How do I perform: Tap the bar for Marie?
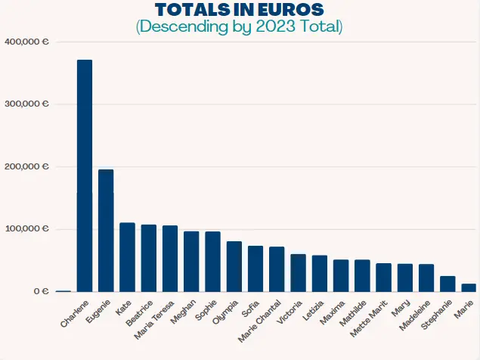[x=469, y=287]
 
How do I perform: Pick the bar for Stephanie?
[x=447, y=284]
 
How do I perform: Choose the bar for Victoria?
[x=299, y=273]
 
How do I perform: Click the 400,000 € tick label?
[x=26, y=42]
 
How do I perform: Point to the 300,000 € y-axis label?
[x=26, y=104]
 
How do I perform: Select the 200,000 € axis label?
[x=26, y=166]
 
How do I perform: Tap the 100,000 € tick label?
[x=26, y=228]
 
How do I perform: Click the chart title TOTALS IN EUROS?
[x=239, y=10]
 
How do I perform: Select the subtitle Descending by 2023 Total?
[x=239, y=27]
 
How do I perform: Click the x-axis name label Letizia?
[x=313, y=311]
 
